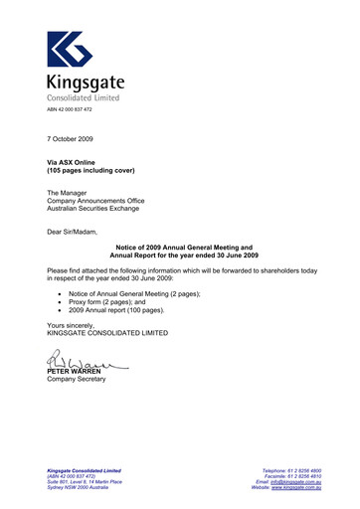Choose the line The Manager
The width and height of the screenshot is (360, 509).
pyautogui.click(x=69, y=192)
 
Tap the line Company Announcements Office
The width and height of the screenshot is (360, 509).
pyautogui.click(x=95, y=201)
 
